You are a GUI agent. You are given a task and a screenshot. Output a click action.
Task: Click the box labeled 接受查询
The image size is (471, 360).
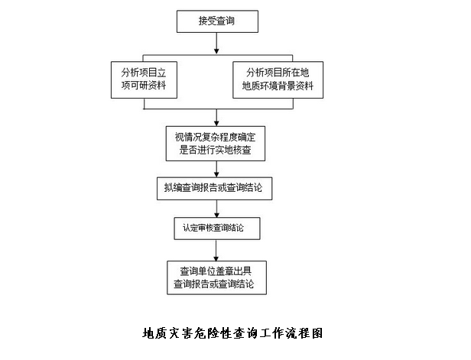pyautogui.click(x=216, y=21)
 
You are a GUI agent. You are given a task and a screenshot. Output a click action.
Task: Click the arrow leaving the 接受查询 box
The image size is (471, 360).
pyautogui.click(x=216, y=44)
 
